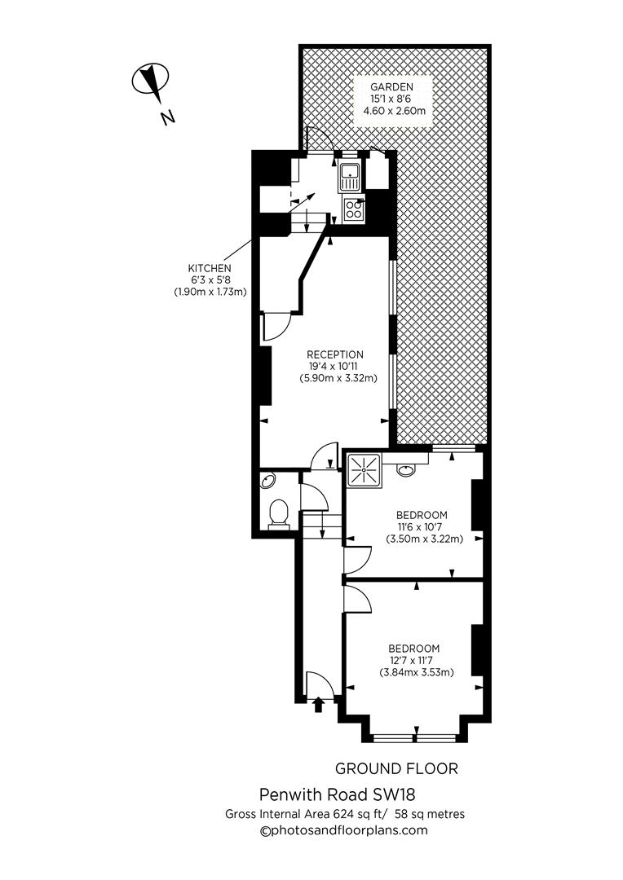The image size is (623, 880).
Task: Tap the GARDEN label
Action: point(391,86)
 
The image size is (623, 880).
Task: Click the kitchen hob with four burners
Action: point(354,209)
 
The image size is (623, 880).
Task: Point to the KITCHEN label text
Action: point(210,268)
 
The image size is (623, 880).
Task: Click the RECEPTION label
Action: point(335,354)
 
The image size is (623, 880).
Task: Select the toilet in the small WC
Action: point(278,513)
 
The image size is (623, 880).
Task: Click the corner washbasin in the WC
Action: point(267,481)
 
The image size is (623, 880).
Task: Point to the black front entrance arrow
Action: point(318,704)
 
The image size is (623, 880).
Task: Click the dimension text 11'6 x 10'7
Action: point(422,526)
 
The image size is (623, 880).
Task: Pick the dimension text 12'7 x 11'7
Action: point(415,660)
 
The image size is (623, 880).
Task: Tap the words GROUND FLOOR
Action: point(396,768)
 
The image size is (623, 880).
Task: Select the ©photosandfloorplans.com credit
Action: point(343,830)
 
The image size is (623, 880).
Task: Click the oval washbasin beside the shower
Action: point(405,469)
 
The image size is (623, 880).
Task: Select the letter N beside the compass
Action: point(168,117)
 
